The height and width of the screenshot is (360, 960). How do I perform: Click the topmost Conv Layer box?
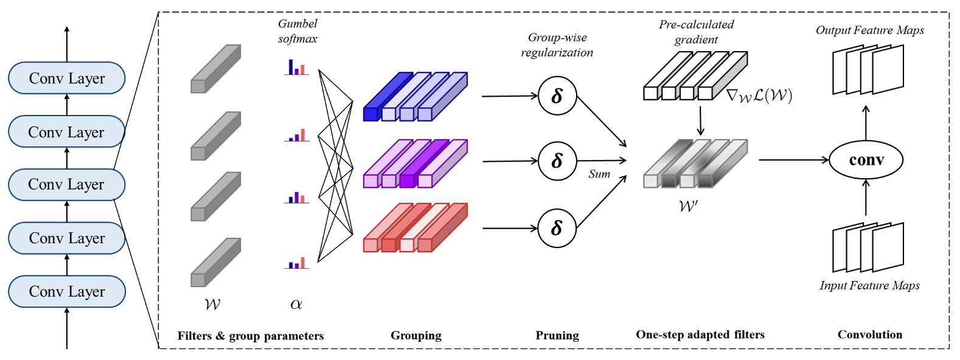66,78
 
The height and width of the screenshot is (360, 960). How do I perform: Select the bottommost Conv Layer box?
66,291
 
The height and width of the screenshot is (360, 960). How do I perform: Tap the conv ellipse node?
866,160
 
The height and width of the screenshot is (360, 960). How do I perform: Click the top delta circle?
557,96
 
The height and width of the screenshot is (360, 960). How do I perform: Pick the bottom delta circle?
557,228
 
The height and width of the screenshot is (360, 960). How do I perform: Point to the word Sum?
599,174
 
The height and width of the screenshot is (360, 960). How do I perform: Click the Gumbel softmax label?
297,31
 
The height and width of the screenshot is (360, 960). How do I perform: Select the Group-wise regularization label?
557,45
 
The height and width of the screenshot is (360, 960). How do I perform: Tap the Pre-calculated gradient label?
696,32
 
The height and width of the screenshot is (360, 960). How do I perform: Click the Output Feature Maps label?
869,30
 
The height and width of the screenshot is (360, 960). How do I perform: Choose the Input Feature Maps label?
869,285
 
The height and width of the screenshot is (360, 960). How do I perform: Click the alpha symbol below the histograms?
296,304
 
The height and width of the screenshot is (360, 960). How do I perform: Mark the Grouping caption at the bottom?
416,335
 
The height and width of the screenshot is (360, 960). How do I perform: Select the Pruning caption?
557,335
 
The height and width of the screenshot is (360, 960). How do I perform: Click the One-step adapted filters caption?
700,334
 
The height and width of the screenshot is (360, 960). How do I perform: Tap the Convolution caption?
869,334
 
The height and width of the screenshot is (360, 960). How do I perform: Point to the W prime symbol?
688,206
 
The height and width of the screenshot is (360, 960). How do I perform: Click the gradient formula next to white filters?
759,95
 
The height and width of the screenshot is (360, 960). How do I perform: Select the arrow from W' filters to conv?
793,160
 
